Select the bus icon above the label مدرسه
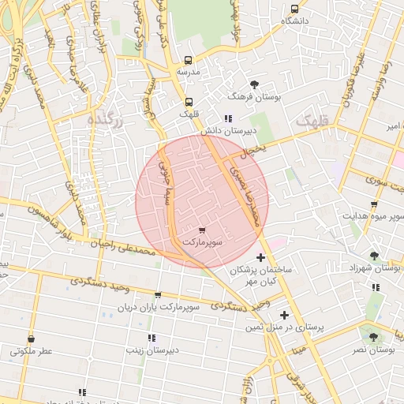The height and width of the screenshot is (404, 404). tap(188, 60)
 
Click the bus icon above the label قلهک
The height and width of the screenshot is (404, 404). tap(188, 101)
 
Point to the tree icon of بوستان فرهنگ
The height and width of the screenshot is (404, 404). tap(254, 84)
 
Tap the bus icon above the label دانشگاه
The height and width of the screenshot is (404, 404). tap(294, 9)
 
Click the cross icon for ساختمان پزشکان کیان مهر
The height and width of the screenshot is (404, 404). tap(261, 257)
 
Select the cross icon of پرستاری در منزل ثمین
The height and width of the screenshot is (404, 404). tap(284, 315)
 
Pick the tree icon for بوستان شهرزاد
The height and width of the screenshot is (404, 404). tap(374, 256)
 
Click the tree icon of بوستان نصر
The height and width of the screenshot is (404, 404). tap(373, 335)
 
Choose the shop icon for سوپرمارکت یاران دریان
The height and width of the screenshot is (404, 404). tap(158, 295)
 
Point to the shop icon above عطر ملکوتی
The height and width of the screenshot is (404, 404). tap(32, 339)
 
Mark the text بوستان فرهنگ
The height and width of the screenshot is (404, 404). tap(249, 95)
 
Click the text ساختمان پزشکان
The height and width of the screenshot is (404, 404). tap(260, 270)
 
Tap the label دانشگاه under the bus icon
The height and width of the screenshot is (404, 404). tap(294, 21)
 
